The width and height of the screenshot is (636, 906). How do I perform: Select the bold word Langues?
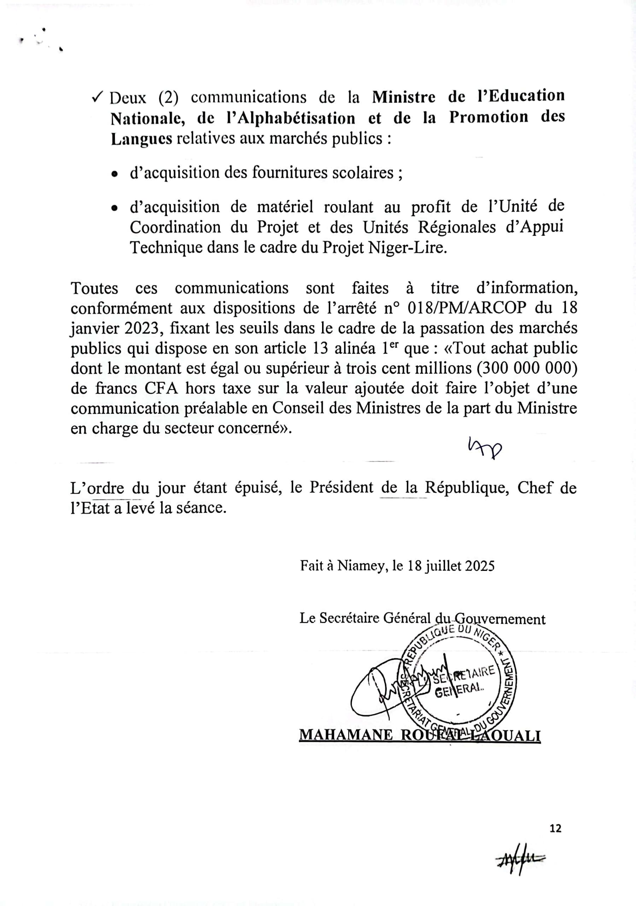pyautogui.click(x=141, y=139)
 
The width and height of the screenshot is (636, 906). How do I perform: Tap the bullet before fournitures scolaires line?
pyautogui.click(x=114, y=174)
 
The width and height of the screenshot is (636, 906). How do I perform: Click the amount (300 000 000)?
pyautogui.click(x=526, y=368)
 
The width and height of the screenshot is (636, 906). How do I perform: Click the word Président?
pyautogui.click(x=341, y=488)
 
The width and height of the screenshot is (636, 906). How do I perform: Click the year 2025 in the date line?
pyautogui.click(x=479, y=566)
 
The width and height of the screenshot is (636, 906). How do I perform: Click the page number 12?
pyautogui.click(x=555, y=828)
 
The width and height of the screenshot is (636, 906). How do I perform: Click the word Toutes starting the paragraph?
pyautogui.click(x=94, y=288)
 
